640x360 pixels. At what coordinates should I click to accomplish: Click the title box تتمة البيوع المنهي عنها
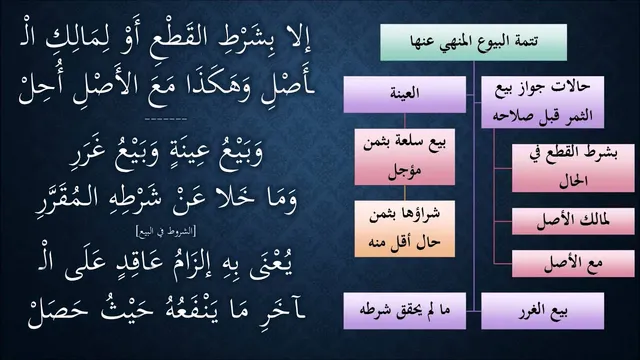(x=473, y=42)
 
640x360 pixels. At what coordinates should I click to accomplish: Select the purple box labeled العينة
(x=404, y=94)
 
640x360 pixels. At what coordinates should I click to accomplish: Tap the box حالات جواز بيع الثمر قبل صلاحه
(x=542, y=102)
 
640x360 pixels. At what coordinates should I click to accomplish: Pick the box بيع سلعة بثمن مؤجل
(x=404, y=157)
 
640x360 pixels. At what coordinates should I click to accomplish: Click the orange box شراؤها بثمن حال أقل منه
(x=404, y=229)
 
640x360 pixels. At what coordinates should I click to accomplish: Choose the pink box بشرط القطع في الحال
(x=573, y=168)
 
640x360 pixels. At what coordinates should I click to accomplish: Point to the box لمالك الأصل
(x=573, y=221)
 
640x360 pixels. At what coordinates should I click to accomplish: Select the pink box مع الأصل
(x=573, y=264)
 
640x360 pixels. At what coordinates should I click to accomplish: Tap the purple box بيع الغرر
(x=542, y=311)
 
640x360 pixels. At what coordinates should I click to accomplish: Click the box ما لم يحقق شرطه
(x=404, y=311)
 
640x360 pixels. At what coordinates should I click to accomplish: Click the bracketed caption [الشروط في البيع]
(x=166, y=231)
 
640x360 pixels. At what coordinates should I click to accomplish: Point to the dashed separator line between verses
(x=166, y=119)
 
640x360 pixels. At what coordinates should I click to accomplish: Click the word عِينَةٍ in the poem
(x=187, y=152)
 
